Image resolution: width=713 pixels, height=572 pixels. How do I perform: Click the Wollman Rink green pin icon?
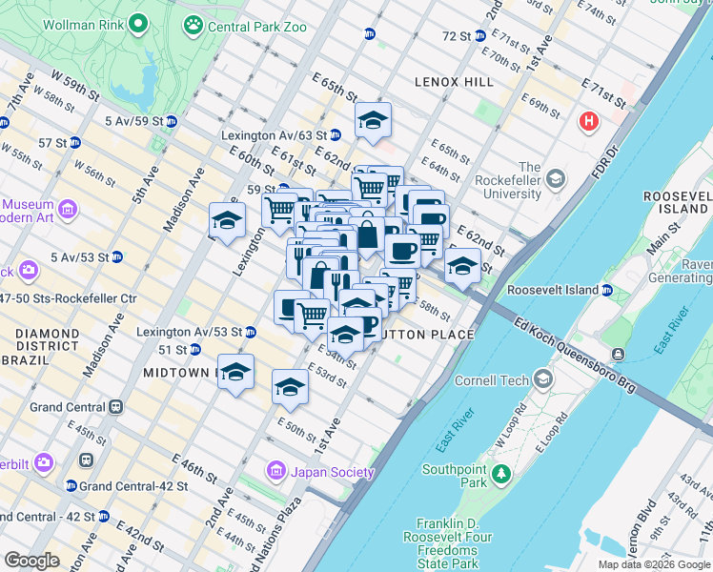[139, 22]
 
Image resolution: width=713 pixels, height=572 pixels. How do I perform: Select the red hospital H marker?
[589, 122]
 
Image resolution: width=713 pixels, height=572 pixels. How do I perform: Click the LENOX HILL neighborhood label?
[454, 83]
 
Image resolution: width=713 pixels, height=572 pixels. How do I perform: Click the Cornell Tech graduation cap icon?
[542, 380]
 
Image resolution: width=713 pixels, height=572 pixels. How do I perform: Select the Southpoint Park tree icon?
[498, 471]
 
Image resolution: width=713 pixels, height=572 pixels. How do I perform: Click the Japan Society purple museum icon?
[276, 470]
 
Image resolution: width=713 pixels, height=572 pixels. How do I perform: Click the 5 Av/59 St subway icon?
[172, 121]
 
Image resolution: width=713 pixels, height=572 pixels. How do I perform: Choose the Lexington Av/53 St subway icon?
[250, 332]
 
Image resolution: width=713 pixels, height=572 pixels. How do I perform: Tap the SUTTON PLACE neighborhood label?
[426, 335]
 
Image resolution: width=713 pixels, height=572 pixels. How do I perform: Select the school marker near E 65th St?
[374, 119]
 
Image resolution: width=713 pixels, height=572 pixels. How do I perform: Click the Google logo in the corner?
[31, 560]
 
